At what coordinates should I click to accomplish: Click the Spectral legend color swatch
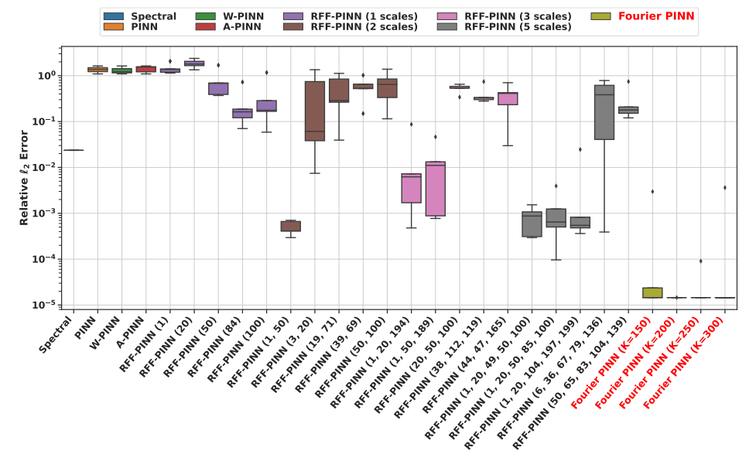click(x=113, y=16)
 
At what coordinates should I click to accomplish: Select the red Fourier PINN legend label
click(x=652, y=16)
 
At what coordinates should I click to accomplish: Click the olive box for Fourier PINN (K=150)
click(x=652, y=292)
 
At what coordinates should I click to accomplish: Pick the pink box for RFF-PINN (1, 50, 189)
click(x=436, y=189)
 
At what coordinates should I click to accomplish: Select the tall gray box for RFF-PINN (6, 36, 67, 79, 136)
click(x=604, y=112)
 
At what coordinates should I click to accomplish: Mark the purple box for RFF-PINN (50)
click(x=218, y=88)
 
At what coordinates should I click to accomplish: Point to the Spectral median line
click(x=74, y=150)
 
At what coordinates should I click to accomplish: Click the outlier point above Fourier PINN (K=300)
click(x=725, y=187)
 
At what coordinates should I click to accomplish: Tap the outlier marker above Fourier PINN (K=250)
click(x=701, y=261)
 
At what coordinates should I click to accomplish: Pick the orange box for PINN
click(x=97, y=70)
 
